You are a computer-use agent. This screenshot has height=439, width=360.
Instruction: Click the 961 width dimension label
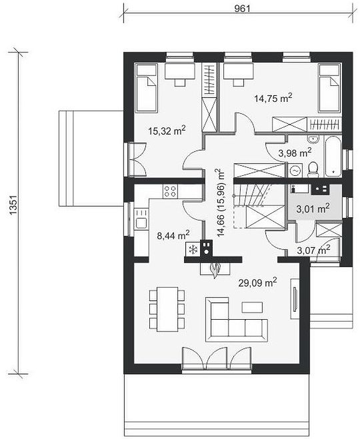pyautogui.click(x=242, y=9)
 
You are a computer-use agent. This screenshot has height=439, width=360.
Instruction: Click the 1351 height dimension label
pyautogui.click(x=13, y=205)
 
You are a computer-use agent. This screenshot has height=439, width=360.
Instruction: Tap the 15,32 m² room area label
pyautogui.click(x=167, y=131)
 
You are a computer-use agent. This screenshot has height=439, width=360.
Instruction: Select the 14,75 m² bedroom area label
pyautogui.click(x=273, y=99)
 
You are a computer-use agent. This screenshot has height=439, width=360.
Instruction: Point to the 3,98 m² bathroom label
pyautogui.click(x=295, y=153)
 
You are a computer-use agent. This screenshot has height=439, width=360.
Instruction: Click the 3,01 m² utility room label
pyautogui.click(x=313, y=209)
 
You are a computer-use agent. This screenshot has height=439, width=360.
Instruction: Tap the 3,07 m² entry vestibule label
pyautogui.click(x=313, y=250)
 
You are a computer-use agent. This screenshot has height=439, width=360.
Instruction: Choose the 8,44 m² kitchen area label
pyautogui.click(x=173, y=235)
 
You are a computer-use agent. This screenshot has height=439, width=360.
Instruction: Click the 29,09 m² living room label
pyautogui.click(x=258, y=282)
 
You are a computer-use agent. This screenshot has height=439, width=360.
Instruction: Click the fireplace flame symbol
pyautogui.click(x=215, y=270)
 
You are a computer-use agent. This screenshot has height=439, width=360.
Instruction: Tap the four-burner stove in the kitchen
pyautogui.click(x=171, y=191)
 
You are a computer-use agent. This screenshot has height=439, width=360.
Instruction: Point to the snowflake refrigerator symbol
pyautogui.click(x=193, y=249)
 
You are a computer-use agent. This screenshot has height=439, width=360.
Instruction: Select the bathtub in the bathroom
pyautogui.click(x=333, y=155)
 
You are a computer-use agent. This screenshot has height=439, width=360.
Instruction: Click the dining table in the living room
pyautogui.click(x=167, y=308)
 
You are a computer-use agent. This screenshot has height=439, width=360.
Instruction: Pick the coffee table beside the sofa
pyautogui.click(x=252, y=307)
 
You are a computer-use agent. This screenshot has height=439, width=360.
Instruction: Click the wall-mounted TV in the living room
pyautogui.click(x=295, y=298)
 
